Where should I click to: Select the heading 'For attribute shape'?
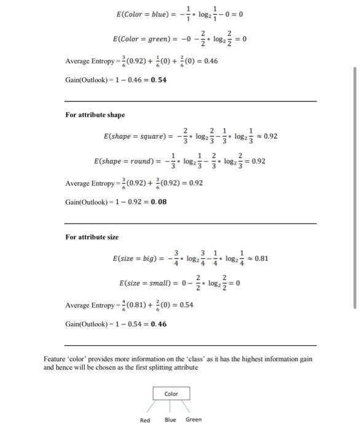95,115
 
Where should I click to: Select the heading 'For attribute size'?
92,237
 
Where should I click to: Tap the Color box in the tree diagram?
171,393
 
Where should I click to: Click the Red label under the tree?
145,420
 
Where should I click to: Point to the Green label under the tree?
194,420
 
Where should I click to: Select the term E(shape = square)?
132,136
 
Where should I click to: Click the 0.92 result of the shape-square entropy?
269,136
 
